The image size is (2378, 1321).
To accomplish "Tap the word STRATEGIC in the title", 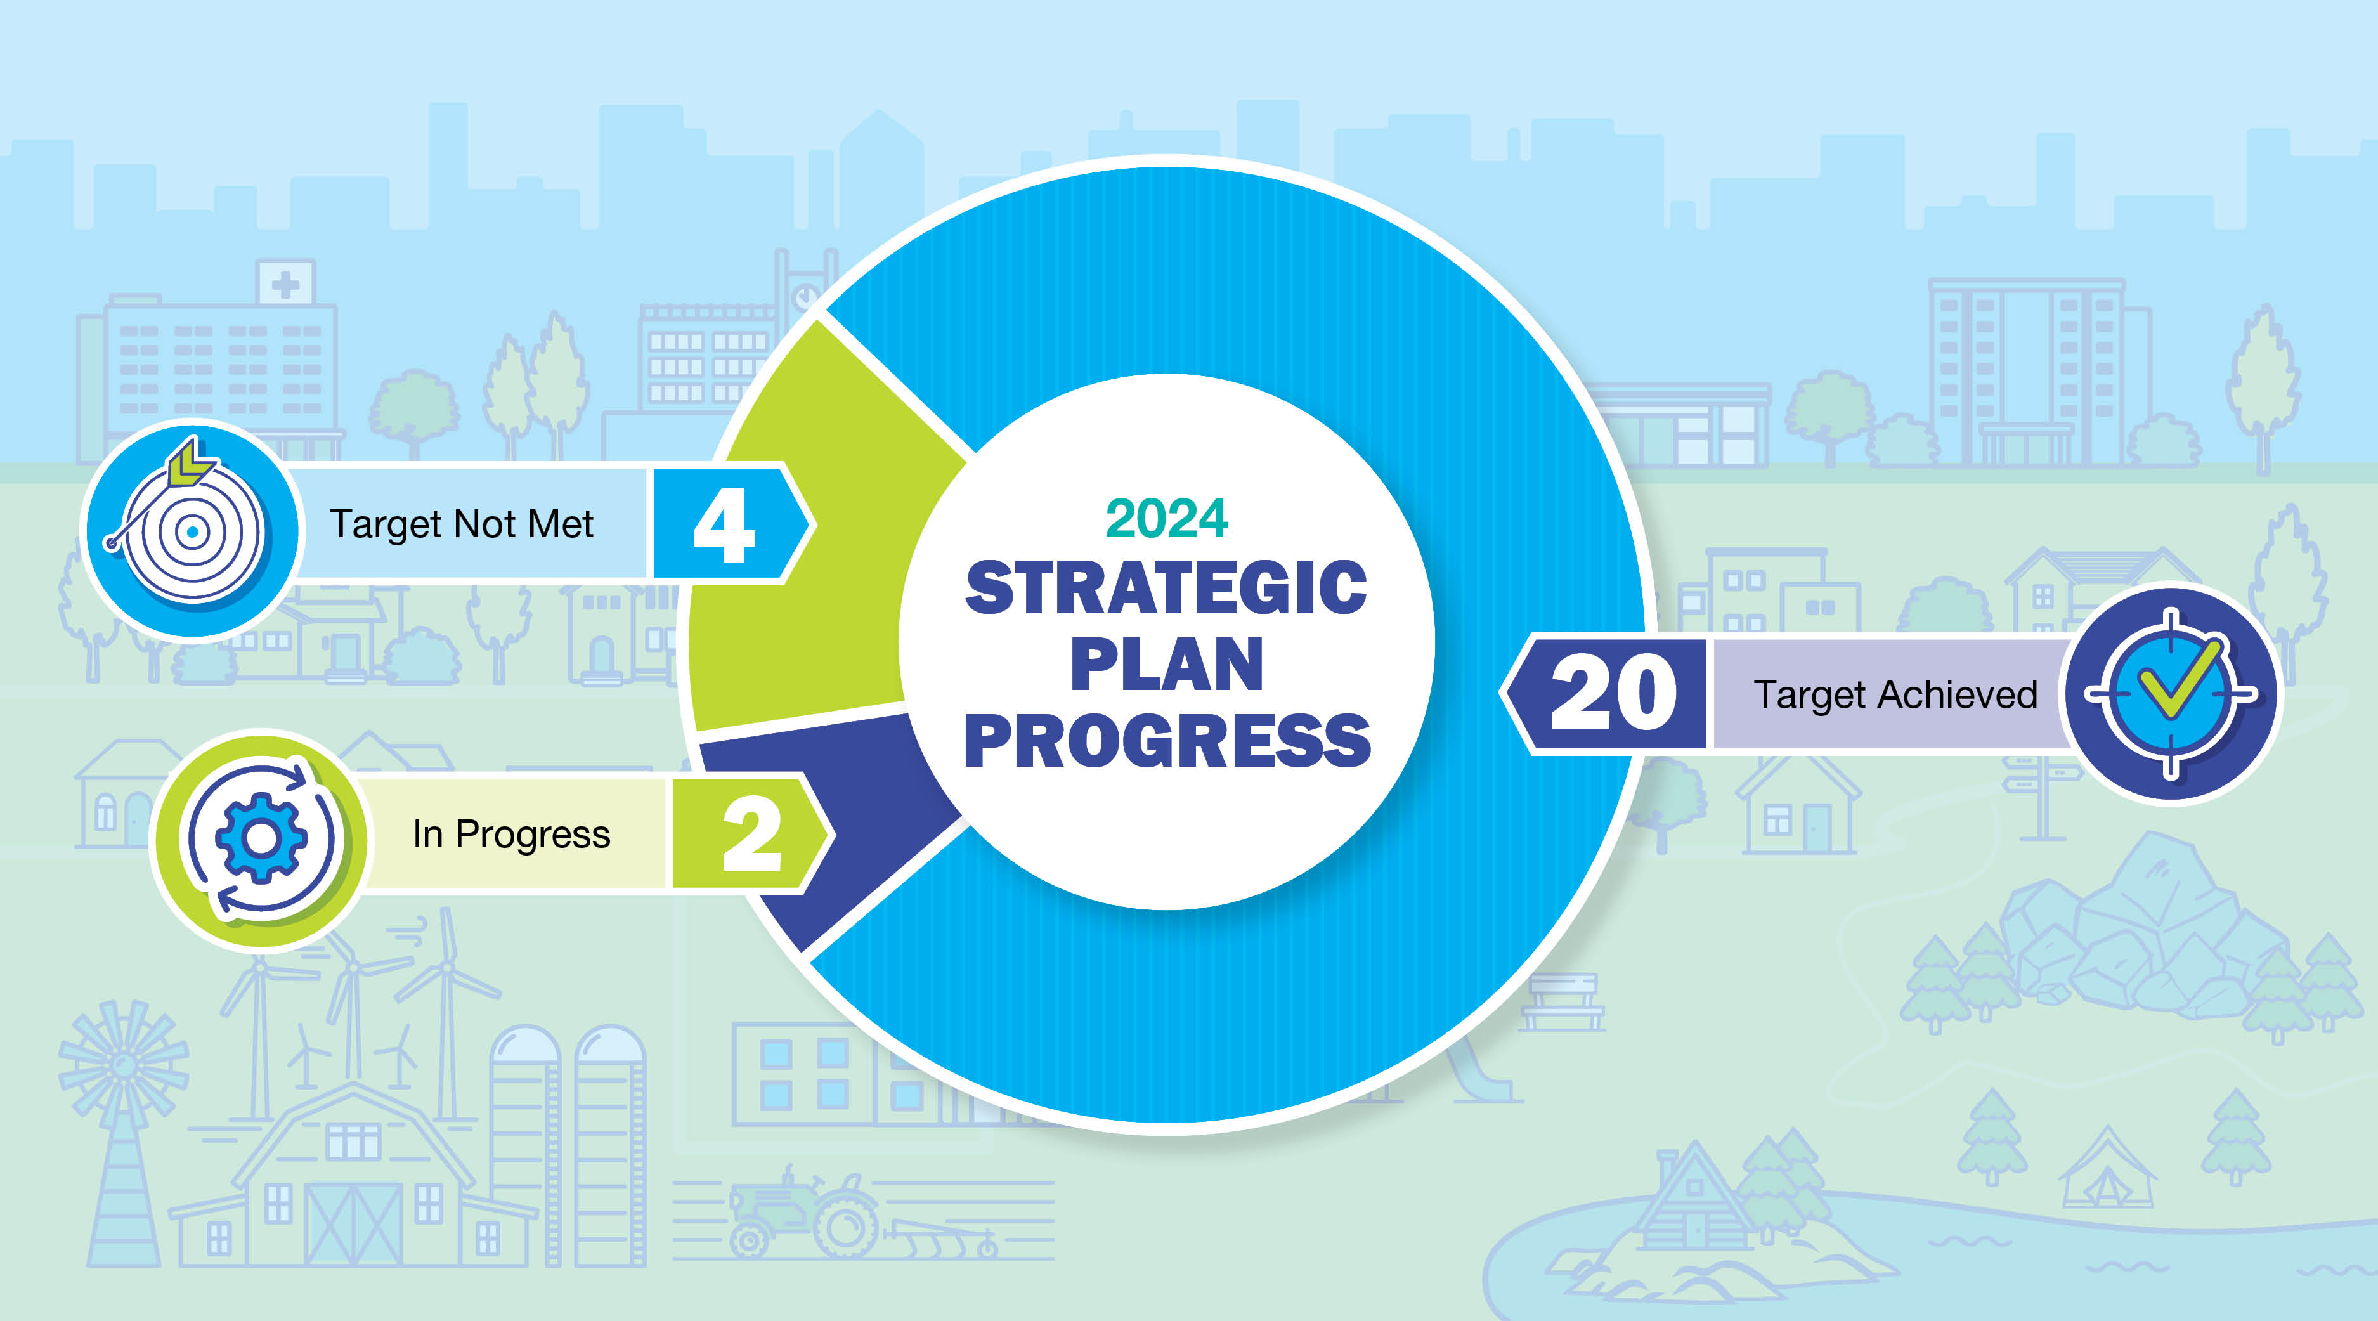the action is tap(1166, 588).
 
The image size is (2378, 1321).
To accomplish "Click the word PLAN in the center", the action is tap(1167, 664).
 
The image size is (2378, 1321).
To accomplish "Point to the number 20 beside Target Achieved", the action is tap(1614, 693).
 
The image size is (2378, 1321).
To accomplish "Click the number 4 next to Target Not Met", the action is tap(725, 525).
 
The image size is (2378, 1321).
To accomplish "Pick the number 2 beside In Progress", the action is tap(751, 835).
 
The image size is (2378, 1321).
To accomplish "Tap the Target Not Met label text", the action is tap(462, 524).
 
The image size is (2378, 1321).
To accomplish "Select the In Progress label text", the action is tap(511, 835).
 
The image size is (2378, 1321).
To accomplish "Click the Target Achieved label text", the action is tap(1895, 694).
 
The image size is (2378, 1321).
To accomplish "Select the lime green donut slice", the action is tap(812, 554).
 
